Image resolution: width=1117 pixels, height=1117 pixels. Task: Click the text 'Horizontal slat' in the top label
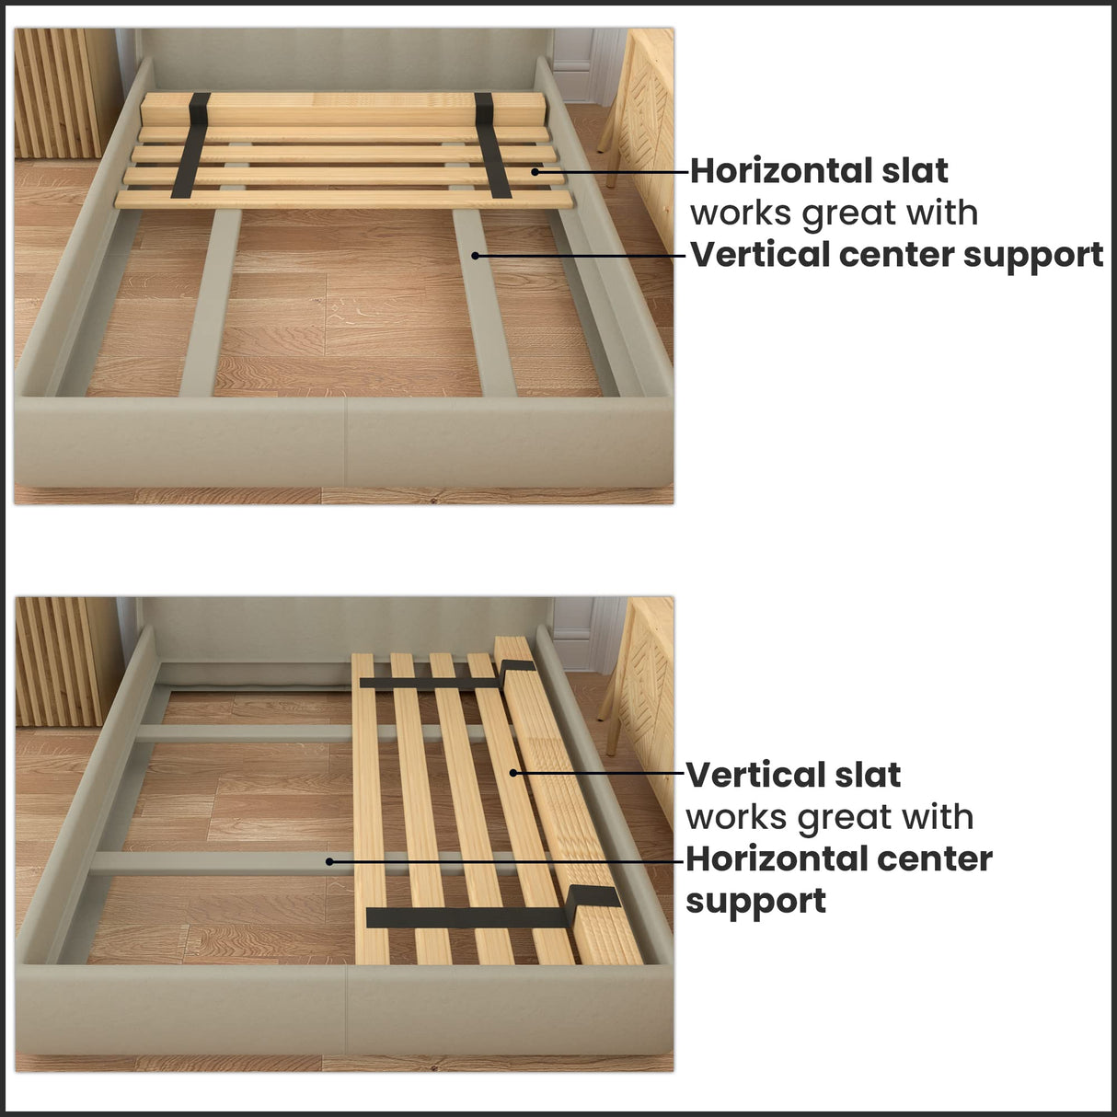(819, 171)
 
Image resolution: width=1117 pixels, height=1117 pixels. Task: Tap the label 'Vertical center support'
(897, 255)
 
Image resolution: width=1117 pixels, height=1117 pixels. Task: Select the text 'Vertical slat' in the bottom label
(793, 776)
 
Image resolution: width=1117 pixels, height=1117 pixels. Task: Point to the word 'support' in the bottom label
(755, 901)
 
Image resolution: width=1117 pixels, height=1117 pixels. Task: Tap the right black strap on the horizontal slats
(493, 145)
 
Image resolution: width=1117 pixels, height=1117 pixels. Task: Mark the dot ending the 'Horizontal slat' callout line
(535, 171)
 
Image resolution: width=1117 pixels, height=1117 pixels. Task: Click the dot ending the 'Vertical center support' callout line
(475, 255)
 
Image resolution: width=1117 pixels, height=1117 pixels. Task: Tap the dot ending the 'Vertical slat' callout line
(513, 774)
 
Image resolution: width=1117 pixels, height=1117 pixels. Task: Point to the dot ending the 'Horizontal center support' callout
(328, 862)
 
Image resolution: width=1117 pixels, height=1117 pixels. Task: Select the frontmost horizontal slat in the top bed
(342, 200)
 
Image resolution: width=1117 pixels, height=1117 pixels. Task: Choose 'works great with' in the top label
(834, 213)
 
